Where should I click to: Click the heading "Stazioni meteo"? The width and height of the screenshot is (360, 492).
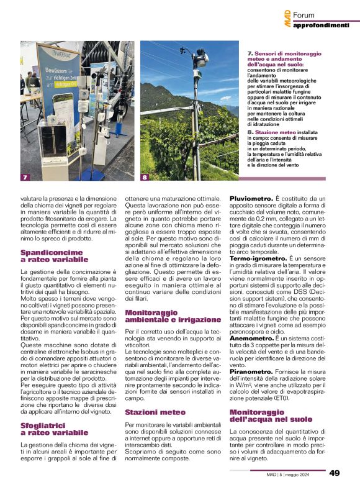(155, 394)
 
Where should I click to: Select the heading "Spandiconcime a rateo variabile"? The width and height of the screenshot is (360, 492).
(52, 256)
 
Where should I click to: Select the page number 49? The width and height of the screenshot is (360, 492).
(334, 473)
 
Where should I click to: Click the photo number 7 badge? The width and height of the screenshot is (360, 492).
(25, 177)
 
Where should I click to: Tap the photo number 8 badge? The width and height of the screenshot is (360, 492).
(145, 177)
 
